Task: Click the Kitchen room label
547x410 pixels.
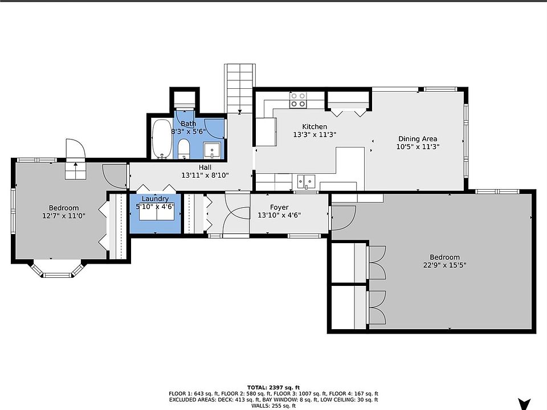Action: click(x=315, y=126)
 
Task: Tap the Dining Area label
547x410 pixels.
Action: click(x=418, y=139)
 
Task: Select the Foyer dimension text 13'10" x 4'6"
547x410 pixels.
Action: click(x=279, y=215)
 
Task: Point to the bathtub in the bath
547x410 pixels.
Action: click(x=162, y=138)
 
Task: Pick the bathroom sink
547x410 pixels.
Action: click(x=212, y=150)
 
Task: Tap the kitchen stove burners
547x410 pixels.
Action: click(x=298, y=100)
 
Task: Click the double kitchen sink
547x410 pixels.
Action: click(x=306, y=182)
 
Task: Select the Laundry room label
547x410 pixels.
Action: click(x=155, y=199)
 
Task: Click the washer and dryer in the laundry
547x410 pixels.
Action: click(x=157, y=215)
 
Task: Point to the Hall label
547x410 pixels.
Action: click(x=205, y=167)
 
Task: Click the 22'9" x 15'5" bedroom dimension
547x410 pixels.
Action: click(x=445, y=265)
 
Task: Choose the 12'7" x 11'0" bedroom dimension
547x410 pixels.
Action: click(x=63, y=216)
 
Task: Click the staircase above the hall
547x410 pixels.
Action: click(x=240, y=88)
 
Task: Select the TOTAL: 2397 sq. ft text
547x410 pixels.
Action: click(x=273, y=387)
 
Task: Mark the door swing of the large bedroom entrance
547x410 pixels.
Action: click(x=344, y=218)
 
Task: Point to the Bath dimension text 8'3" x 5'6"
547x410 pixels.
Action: click(x=189, y=132)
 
